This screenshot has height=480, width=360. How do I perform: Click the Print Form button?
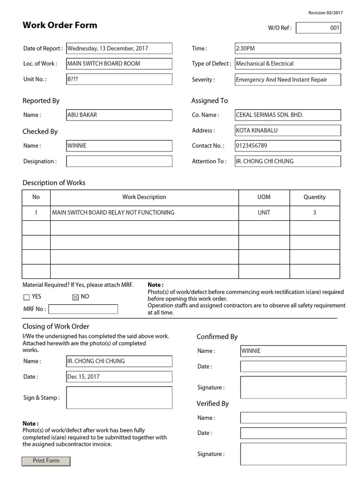[x=46, y=461]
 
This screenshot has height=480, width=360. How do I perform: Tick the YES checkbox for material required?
[x=26, y=297]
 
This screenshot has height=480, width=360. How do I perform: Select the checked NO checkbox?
[x=75, y=297]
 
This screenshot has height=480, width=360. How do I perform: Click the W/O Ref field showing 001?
[x=318, y=28]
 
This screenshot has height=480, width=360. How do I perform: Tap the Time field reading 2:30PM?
[x=288, y=48]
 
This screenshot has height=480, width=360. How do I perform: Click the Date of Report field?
[x=119, y=48]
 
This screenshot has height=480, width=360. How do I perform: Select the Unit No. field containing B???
[x=119, y=79]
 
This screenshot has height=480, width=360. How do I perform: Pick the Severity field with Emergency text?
[x=288, y=80]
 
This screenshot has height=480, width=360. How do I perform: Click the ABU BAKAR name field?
[x=119, y=115]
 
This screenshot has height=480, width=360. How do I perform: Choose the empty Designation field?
[x=119, y=161]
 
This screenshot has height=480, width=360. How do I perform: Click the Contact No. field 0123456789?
[x=288, y=146]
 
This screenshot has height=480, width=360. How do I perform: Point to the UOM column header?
[x=264, y=197]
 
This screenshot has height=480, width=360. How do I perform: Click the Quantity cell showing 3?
[x=315, y=213]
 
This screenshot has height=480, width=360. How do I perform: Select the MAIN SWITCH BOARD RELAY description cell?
[x=144, y=213]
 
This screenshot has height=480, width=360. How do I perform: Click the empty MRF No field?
[x=83, y=309]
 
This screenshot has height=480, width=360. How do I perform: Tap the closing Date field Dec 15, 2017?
[x=119, y=376]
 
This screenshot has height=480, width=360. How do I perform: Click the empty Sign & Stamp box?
[x=119, y=398]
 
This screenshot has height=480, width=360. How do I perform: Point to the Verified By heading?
[x=212, y=404]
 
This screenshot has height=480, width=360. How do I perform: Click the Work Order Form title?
[x=60, y=25]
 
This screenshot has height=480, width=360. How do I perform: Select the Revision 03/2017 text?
[x=325, y=13]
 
